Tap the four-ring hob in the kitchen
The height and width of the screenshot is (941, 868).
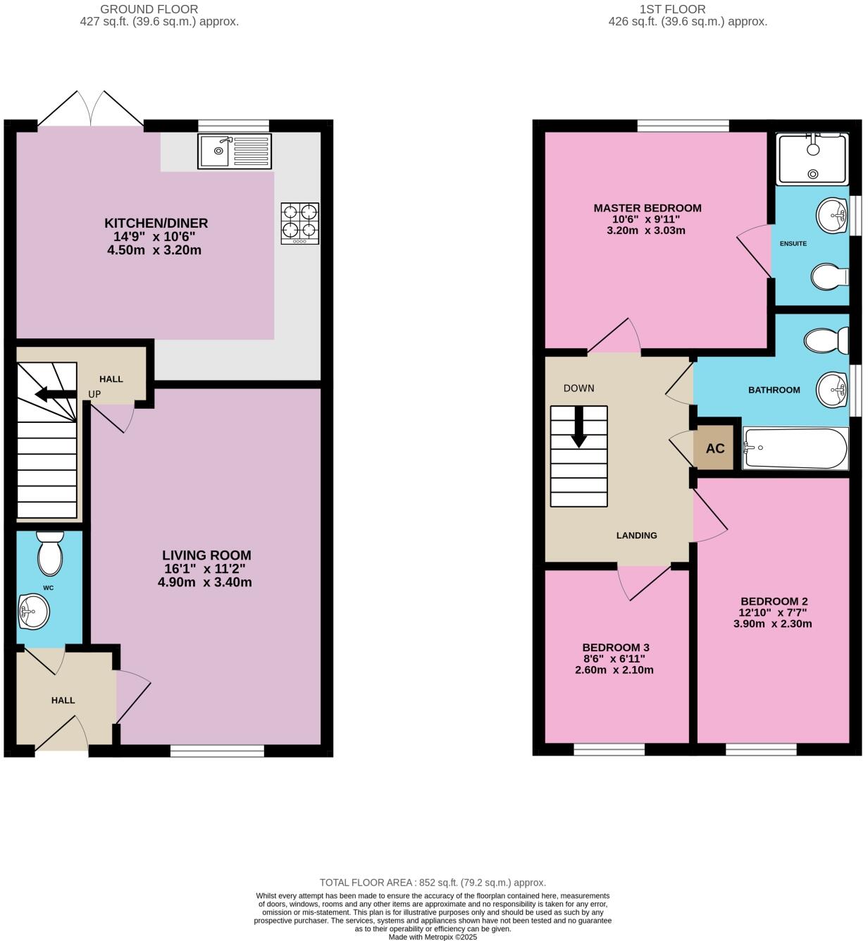point(300,223)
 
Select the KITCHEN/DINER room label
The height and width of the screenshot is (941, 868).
point(156,223)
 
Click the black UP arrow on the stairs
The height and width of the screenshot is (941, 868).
point(52,394)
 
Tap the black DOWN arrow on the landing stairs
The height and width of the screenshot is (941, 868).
point(579,427)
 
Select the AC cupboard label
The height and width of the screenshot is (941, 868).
point(715,448)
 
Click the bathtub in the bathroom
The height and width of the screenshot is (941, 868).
point(795,448)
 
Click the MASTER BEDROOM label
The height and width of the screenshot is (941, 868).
point(647,208)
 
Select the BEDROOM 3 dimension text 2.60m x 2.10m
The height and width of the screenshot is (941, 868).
point(614,670)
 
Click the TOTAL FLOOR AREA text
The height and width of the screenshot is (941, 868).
point(433,882)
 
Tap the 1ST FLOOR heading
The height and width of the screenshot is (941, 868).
point(672,9)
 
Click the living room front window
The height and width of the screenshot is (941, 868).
point(217,751)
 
